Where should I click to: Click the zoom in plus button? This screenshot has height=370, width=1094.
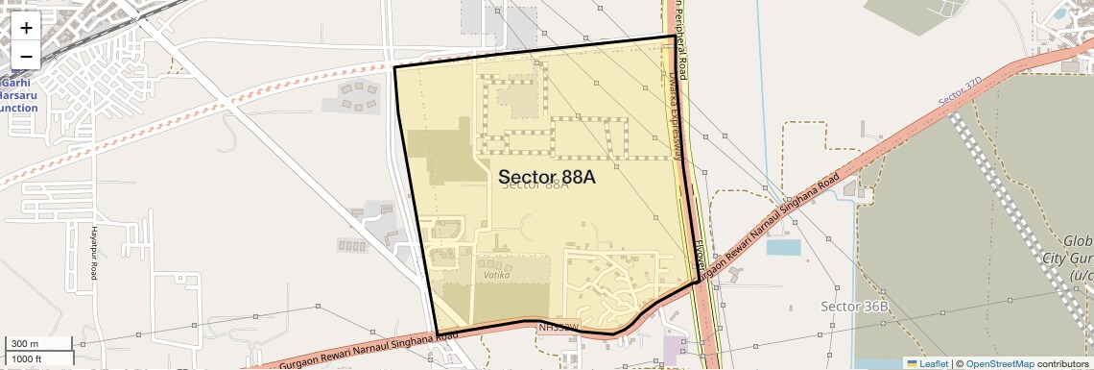point(26,27)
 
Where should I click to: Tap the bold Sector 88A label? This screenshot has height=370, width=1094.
point(547,177)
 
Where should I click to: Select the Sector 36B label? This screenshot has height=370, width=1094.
point(855,306)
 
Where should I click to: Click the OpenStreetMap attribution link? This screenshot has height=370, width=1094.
point(999,364)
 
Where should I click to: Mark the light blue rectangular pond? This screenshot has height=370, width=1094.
point(783,247)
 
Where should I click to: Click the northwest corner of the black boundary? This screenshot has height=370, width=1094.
point(395,67)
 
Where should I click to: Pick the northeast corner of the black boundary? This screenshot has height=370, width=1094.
point(676,37)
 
